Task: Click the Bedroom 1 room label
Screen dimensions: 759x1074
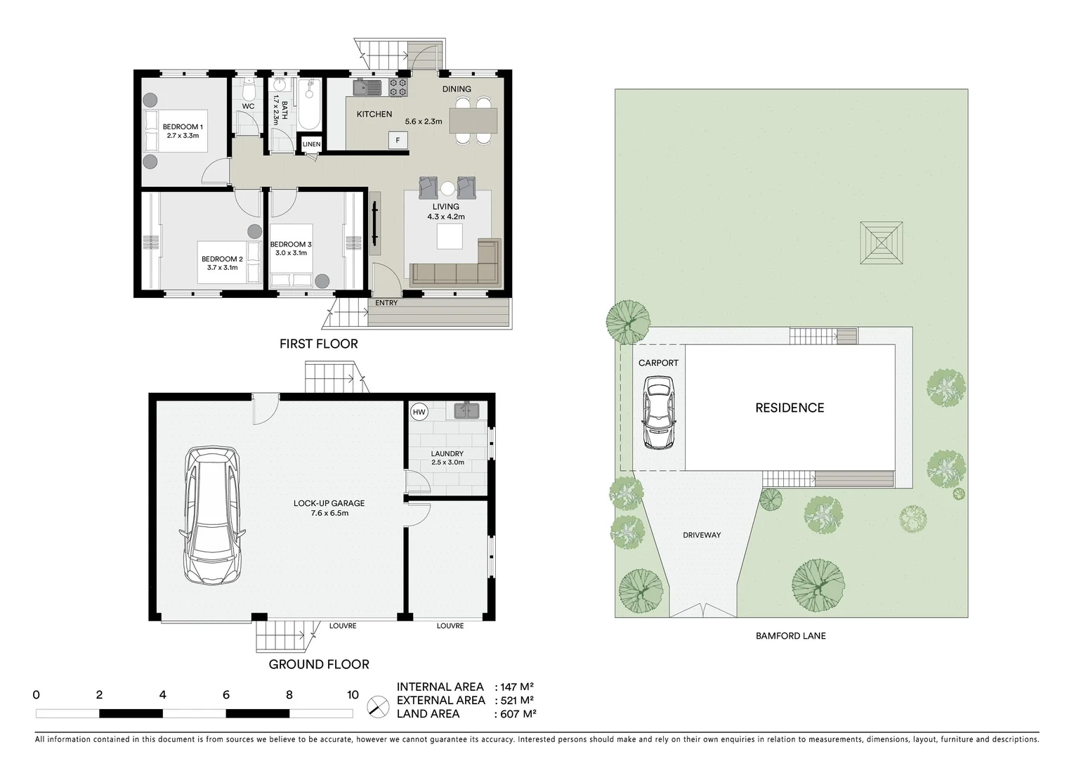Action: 183,131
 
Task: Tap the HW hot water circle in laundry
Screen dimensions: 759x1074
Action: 419,413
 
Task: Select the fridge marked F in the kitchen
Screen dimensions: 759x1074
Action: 398,141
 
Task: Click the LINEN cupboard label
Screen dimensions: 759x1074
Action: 311,145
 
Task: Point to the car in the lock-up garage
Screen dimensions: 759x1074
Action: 213,516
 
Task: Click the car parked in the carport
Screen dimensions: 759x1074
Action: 658,413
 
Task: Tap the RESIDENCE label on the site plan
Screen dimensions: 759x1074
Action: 790,408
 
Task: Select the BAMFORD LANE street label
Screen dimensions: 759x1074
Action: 790,636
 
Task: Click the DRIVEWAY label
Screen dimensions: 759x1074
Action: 702,536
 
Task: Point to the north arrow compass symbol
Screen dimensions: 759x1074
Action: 379,706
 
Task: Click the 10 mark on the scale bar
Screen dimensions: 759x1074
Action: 353,695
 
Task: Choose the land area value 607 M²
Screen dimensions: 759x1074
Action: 516,714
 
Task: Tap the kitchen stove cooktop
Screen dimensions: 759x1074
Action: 398,88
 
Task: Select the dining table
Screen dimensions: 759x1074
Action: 473,120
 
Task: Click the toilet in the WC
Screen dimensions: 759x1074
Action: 248,91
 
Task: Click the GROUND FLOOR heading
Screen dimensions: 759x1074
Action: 319,664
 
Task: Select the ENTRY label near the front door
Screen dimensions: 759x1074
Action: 386,303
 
